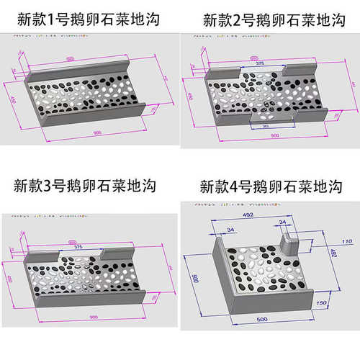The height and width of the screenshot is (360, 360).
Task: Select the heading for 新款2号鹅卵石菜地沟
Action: coord(274,19)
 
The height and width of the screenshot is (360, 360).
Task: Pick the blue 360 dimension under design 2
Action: coord(266,126)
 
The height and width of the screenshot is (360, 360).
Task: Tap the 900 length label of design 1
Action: coord(96,132)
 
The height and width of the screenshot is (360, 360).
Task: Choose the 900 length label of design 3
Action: coord(94,317)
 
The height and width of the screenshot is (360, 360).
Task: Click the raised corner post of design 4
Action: coord(290,238)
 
